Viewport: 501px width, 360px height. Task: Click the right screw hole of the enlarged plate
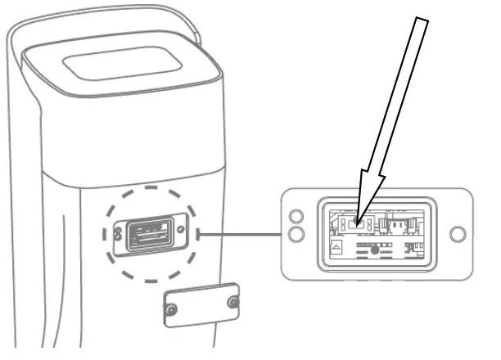pyautogui.click(x=458, y=235)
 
